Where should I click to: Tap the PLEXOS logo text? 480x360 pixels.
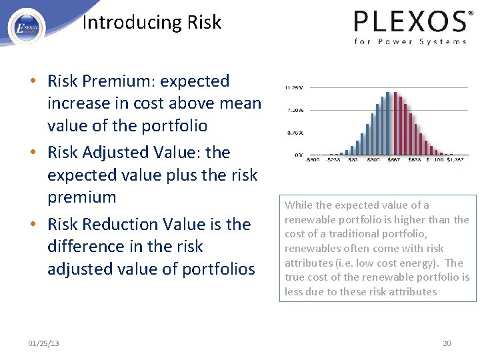409,21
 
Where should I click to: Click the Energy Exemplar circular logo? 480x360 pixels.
27,27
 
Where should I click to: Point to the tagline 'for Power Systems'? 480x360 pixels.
410,41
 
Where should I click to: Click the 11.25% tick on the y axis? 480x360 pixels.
294,87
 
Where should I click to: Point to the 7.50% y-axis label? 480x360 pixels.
295,110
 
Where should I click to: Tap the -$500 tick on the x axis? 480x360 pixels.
312,160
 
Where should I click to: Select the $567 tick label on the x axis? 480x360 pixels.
395,160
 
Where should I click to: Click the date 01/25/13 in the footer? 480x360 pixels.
43,343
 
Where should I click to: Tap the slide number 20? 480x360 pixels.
447,343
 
